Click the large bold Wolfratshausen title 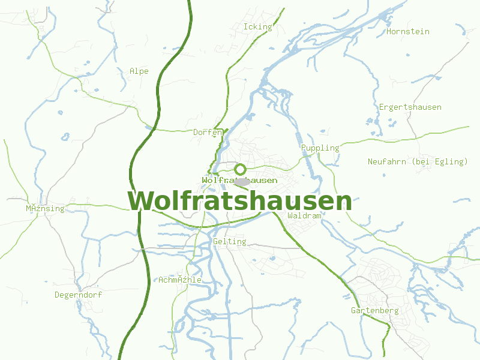tap(240, 201)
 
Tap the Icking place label tap(257, 26)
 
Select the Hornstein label tap(408, 31)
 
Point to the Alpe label tap(139, 71)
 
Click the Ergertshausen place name tap(410, 107)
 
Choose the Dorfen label tap(208, 132)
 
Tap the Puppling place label tap(320, 148)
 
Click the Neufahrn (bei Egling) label tap(418, 161)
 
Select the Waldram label tap(305, 215)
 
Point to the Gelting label tap(229, 241)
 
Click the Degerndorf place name tap(78, 295)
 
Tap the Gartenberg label tap(374, 310)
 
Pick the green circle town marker tap(241, 169)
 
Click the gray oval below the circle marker tap(242, 181)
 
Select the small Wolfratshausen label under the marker tap(239, 180)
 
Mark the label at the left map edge tap(44, 208)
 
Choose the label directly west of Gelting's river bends tap(180, 280)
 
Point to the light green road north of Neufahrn tap(420, 136)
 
